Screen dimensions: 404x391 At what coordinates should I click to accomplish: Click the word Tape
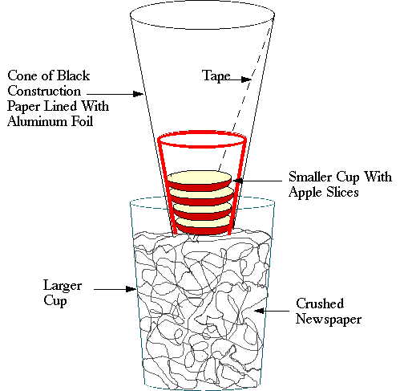pos(216,76)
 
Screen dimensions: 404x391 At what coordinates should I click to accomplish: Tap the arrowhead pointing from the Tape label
pos(246,79)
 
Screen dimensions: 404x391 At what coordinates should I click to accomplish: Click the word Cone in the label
pos(22,75)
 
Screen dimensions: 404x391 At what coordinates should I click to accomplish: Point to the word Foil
pos(82,121)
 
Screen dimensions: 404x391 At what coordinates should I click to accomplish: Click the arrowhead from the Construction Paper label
pos(139,94)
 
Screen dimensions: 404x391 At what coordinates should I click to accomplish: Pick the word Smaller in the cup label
pos(310,177)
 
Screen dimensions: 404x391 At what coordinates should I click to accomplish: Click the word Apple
pos(304,193)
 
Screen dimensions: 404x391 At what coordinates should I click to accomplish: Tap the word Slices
pos(342,192)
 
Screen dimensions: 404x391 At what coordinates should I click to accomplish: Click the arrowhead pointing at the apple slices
pos(238,181)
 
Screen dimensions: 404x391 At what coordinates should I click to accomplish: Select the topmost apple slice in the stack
pos(200,181)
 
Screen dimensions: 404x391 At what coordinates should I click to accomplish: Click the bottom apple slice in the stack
pos(204,226)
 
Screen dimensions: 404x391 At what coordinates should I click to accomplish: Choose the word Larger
pos(63,286)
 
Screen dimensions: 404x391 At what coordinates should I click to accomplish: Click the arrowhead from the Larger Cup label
pos(131,289)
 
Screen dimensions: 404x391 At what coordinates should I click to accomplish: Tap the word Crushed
pos(320,303)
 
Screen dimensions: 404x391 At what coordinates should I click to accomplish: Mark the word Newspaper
pos(329,320)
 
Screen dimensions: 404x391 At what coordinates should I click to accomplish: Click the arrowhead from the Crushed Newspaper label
pos(259,311)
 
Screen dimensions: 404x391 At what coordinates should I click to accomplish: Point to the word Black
pos(74,75)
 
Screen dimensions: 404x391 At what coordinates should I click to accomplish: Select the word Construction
pos(44,91)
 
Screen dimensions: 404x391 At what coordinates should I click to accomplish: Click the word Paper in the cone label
pos(24,107)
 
